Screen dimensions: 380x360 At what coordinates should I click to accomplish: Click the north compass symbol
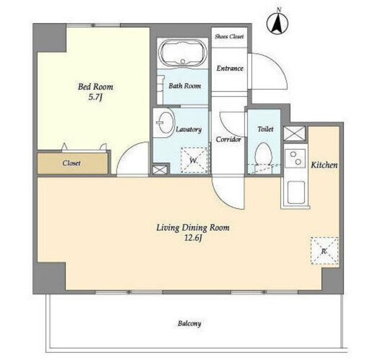tap(277, 24)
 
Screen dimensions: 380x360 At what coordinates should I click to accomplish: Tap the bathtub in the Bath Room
tap(182, 53)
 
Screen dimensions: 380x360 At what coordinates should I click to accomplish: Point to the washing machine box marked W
tap(194, 160)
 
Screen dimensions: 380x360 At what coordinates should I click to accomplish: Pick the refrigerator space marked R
tap(325, 251)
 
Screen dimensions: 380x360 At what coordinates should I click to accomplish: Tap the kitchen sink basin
tap(296, 192)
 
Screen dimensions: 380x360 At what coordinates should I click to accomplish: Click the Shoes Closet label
tap(229, 37)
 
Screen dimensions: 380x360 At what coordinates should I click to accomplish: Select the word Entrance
tap(230, 68)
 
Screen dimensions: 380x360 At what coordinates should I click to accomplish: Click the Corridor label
tap(228, 140)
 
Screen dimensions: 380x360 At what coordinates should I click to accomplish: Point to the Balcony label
tap(189, 324)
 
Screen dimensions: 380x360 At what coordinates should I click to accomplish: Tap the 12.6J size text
tap(193, 238)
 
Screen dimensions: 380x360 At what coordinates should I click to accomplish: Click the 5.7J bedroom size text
tap(96, 97)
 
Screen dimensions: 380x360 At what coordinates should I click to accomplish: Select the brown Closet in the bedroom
tap(72, 163)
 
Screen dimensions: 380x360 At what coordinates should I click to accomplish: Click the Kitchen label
tap(324, 165)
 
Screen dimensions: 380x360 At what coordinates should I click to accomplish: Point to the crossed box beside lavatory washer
tap(160, 169)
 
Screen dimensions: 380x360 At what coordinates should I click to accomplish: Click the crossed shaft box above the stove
tap(294, 133)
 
